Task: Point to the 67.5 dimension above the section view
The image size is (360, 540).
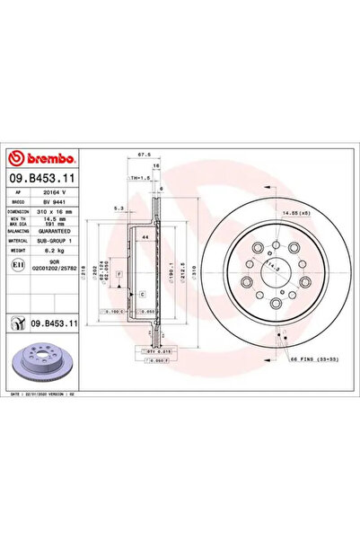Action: tap(142, 155)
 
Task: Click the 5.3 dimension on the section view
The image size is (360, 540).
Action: tap(119, 209)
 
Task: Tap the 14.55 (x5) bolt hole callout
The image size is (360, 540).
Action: tap(292, 212)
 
